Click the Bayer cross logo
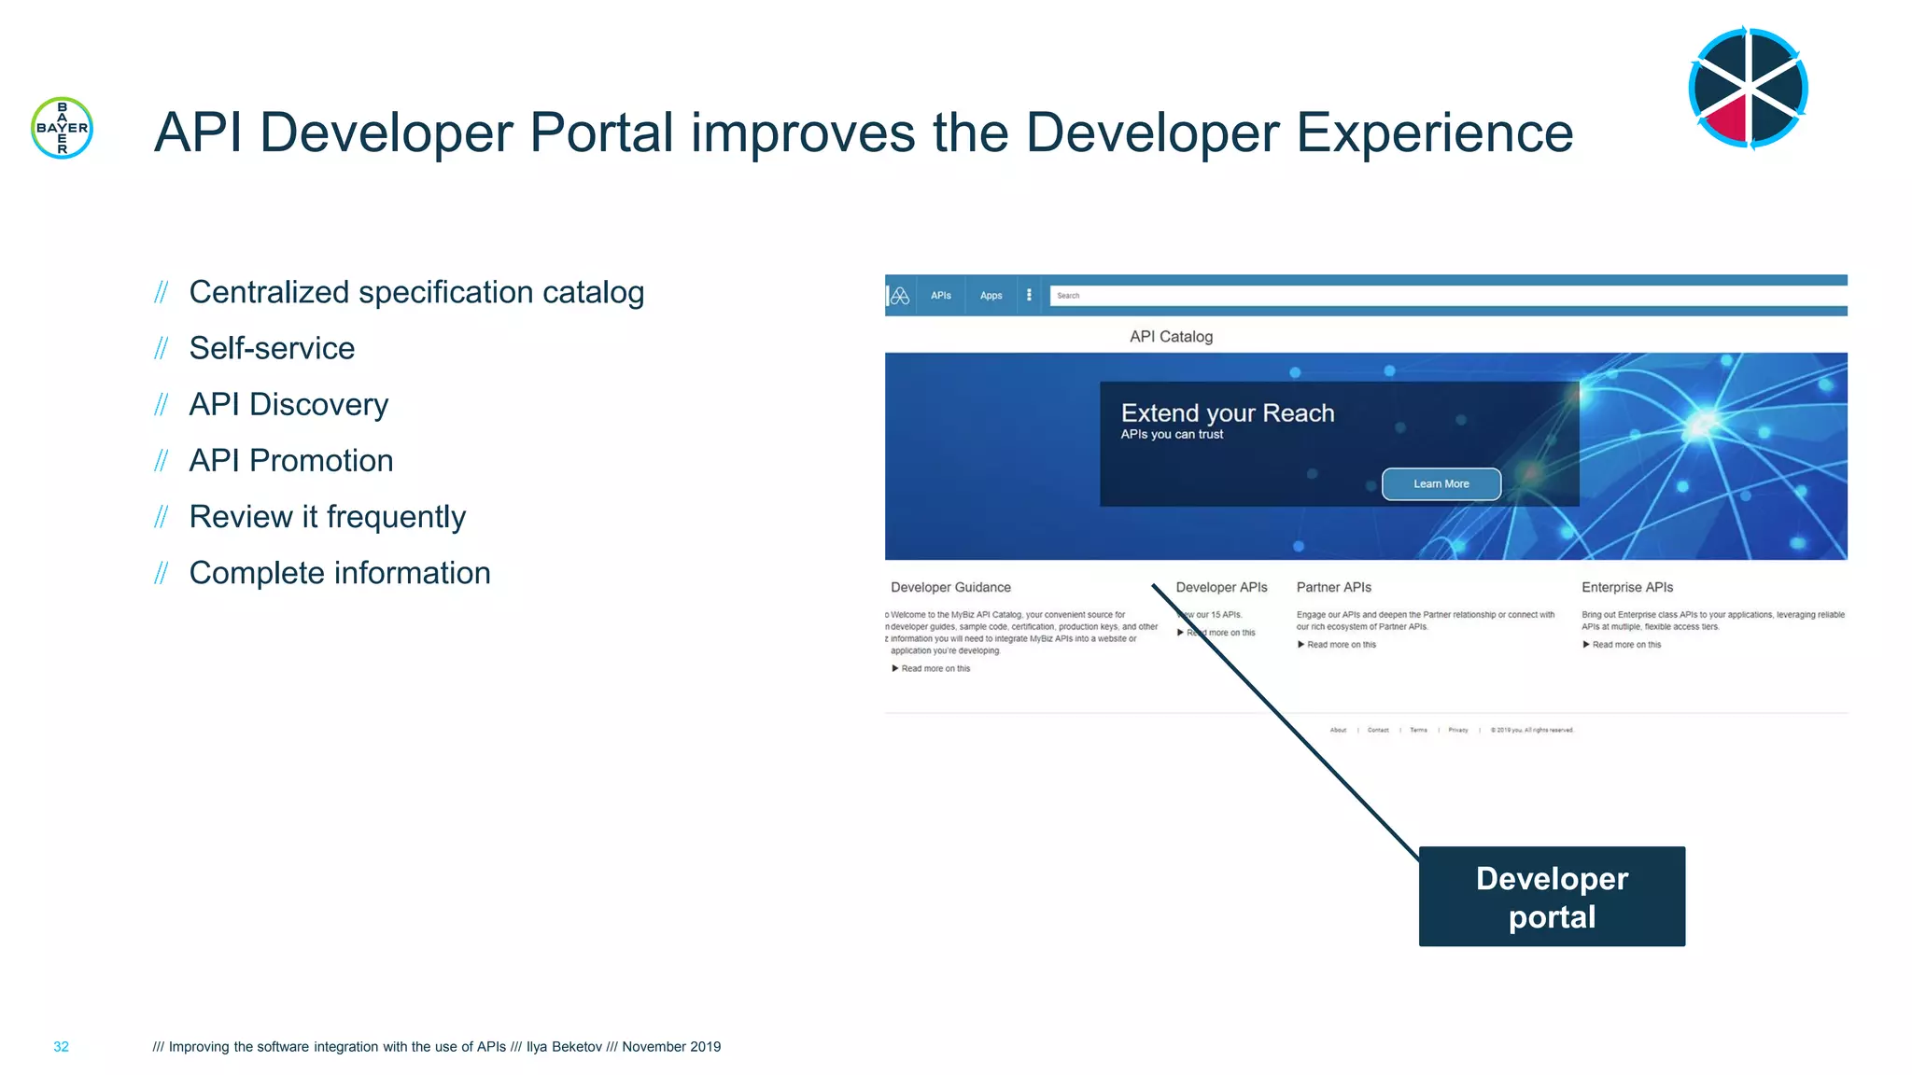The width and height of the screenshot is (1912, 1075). [x=62, y=128]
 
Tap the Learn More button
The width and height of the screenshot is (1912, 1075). [x=1441, y=483]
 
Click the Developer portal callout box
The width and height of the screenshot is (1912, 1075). [x=1551, y=896]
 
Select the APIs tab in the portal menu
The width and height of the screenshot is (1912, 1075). [x=940, y=296]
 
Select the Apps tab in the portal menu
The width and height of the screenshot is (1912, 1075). [x=991, y=296]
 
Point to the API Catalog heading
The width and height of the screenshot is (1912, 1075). [x=1171, y=337]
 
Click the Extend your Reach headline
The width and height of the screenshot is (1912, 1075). [x=1227, y=413]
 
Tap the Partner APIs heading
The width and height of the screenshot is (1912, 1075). [x=1333, y=587]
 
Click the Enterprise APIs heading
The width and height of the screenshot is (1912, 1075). [x=1626, y=587]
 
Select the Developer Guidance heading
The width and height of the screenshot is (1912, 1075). [x=950, y=587]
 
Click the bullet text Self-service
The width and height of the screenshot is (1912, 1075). [x=272, y=348]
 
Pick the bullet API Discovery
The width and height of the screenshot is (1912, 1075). [x=288, y=404]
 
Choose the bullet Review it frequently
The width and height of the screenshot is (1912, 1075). [x=327, y=516]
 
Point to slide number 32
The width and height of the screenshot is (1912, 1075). [x=61, y=1047]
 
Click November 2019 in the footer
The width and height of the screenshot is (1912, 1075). [x=671, y=1047]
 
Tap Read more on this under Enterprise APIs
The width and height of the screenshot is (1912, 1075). [x=1625, y=645]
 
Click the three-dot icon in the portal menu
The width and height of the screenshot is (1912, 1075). [x=1029, y=295]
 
